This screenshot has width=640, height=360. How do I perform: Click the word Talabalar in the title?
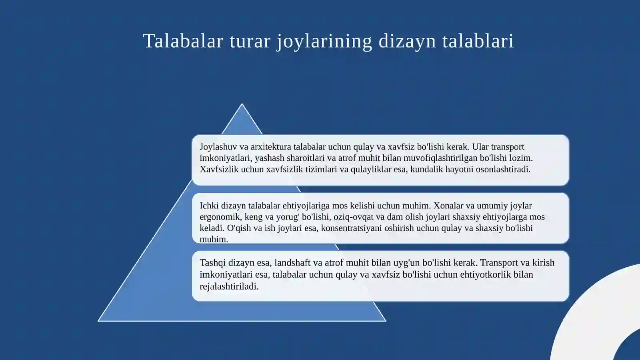click(x=183, y=41)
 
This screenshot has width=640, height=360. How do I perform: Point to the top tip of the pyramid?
click(x=242, y=105)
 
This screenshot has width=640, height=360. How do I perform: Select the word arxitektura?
click(x=271, y=147)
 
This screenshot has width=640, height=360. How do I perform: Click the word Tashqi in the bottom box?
click(x=212, y=263)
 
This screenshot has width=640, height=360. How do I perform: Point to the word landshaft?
click(x=292, y=263)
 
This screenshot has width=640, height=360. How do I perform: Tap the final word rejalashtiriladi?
click(x=229, y=286)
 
